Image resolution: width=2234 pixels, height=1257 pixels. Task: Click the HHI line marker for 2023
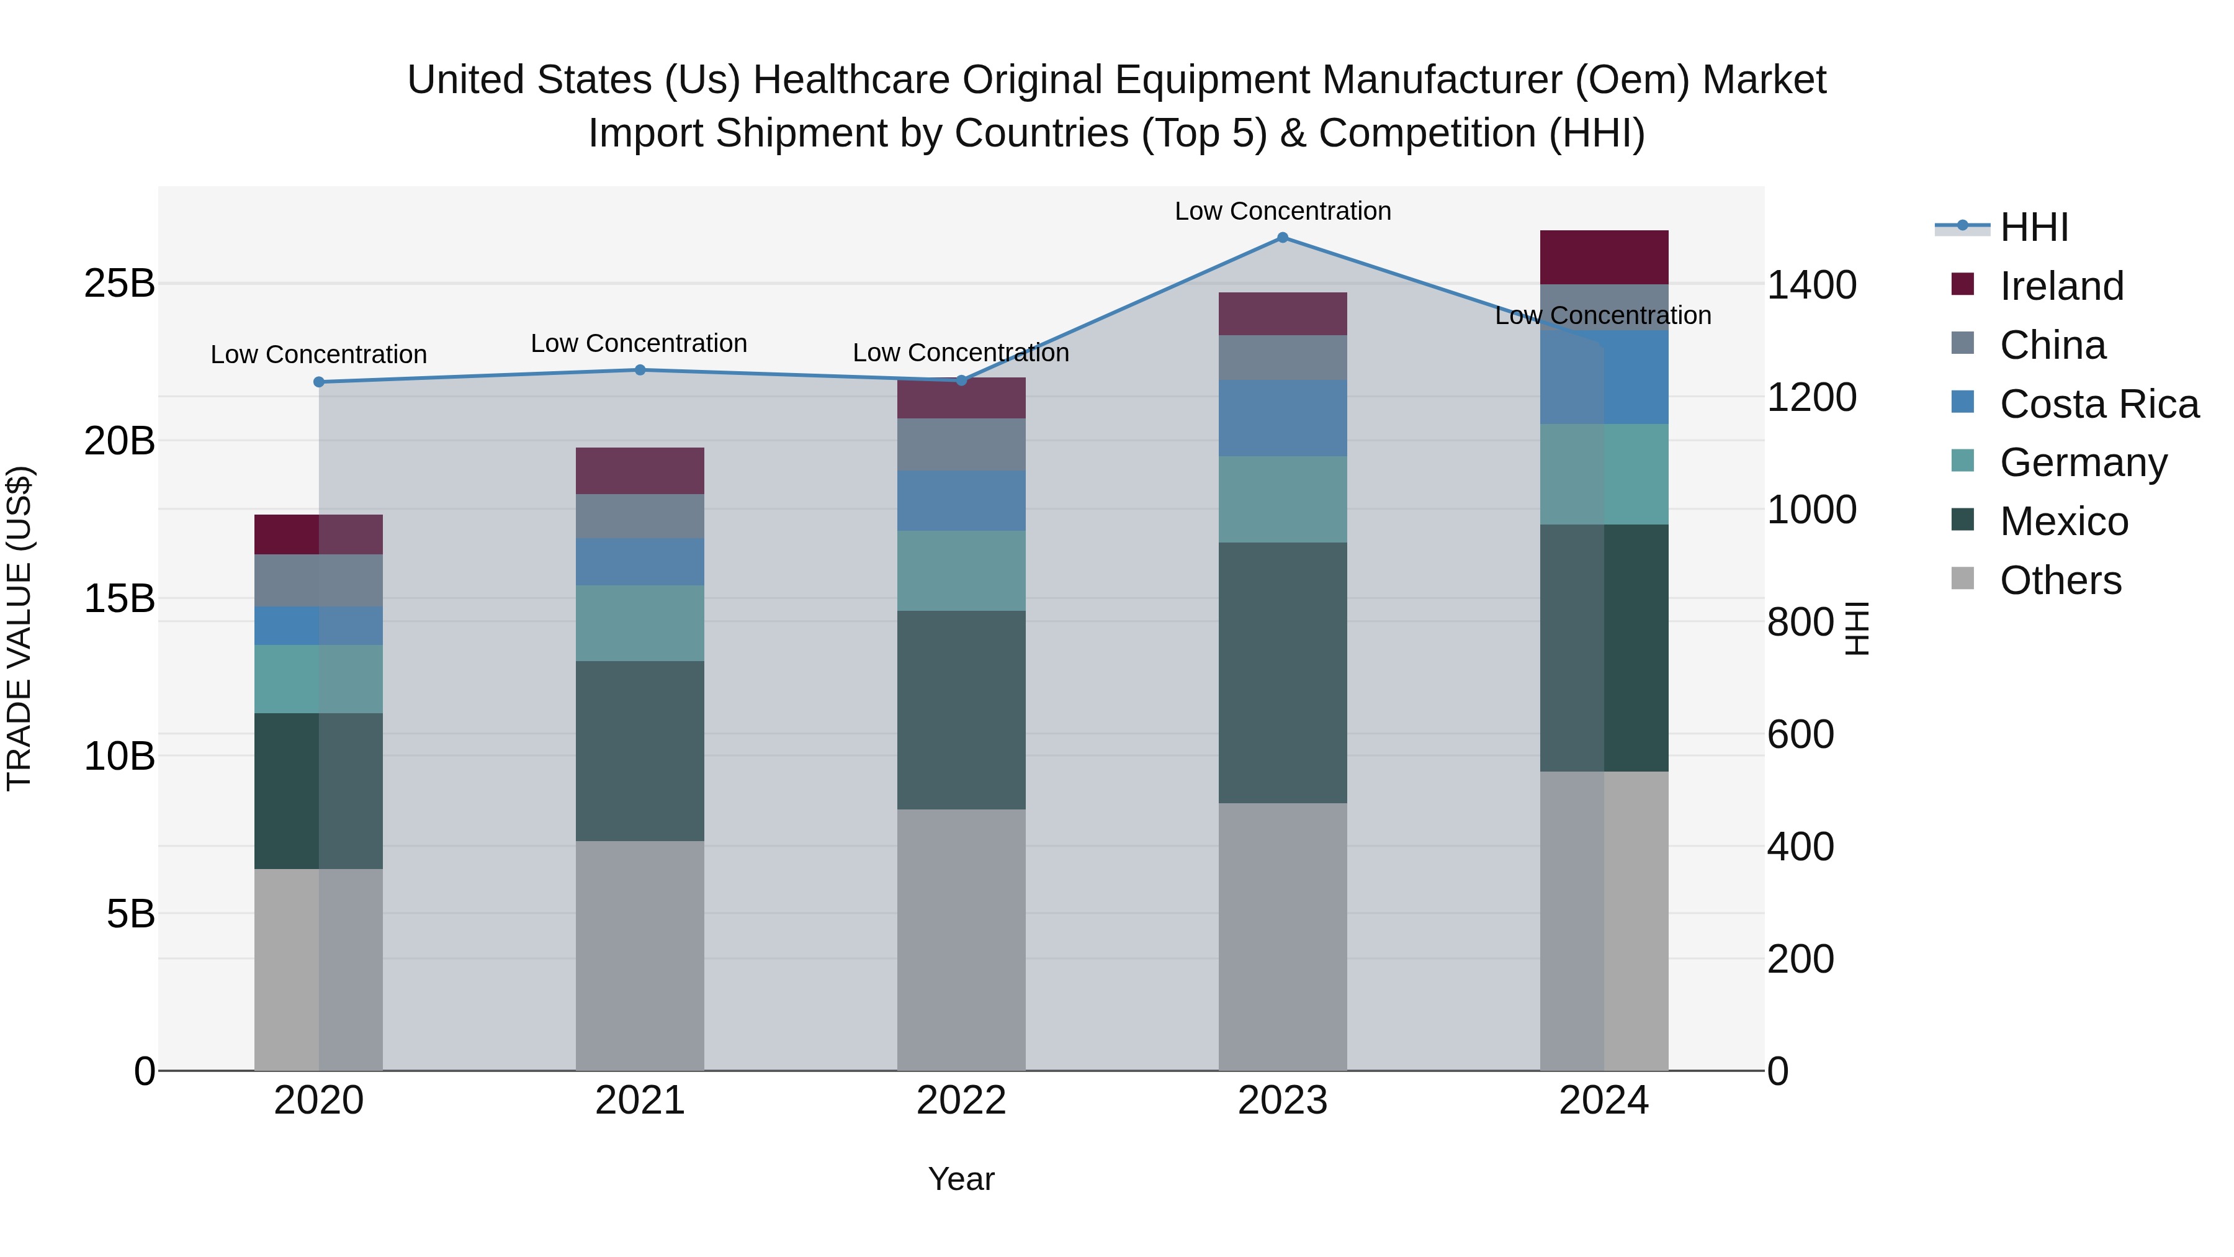(1283, 238)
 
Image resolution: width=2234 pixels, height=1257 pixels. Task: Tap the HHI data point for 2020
(318, 382)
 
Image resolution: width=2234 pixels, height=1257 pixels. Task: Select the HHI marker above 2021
(640, 369)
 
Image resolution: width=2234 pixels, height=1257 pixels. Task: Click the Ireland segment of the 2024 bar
(1604, 257)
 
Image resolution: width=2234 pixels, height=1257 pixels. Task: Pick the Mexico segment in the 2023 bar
(1283, 672)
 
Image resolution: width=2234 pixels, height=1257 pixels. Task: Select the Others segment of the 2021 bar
(640, 954)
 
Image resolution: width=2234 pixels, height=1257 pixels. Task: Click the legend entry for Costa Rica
(2099, 404)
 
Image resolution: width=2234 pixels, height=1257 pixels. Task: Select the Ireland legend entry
(2061, 286)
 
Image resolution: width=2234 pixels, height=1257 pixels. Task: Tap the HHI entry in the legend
(2034, 227)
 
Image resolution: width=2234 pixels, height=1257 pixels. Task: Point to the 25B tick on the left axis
(119, 284)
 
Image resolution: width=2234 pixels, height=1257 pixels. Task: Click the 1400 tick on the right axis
(1811, 286)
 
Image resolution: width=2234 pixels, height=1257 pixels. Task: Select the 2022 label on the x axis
(961, 1101)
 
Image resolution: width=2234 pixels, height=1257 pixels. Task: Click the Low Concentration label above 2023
(1283, 211)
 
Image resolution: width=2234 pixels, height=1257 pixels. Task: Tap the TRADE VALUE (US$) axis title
(19, 628)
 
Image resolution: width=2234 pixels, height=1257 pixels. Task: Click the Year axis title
(961, 1179)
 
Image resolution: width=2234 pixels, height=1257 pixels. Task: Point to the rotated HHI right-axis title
(1857, 628)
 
